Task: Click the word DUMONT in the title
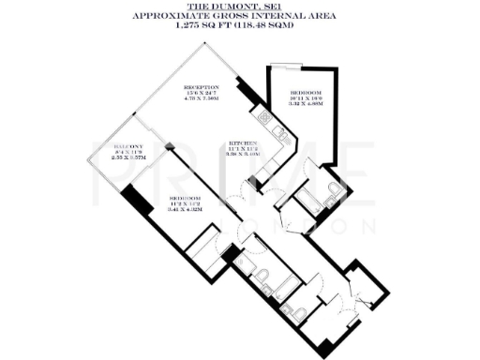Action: click(x=232, y=7)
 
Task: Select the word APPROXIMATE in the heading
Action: click(x=164, y=16)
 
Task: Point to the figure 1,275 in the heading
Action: click(x=190, y=26)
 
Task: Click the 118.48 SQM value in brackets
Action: click(x=271, y=26)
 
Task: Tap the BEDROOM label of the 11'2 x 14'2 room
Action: click(x=186, y=199)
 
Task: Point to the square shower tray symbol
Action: click(x=203, y=249)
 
